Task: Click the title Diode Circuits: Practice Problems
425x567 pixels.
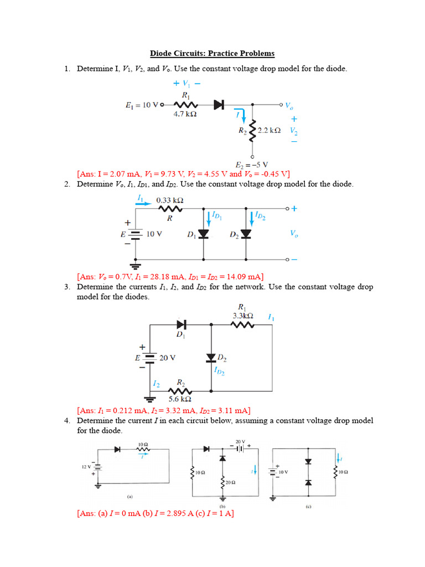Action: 212,54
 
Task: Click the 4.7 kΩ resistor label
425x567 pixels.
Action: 185,115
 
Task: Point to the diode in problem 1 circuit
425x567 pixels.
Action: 219,104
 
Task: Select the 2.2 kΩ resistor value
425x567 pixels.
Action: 269,130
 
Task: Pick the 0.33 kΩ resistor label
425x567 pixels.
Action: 170,200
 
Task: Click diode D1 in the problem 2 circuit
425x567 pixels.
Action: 204,234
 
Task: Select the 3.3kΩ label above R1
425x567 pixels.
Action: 242,316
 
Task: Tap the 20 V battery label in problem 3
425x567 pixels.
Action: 168,358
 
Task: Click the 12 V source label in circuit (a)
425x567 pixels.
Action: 87,467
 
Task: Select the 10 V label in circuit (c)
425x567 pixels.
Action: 283,472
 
